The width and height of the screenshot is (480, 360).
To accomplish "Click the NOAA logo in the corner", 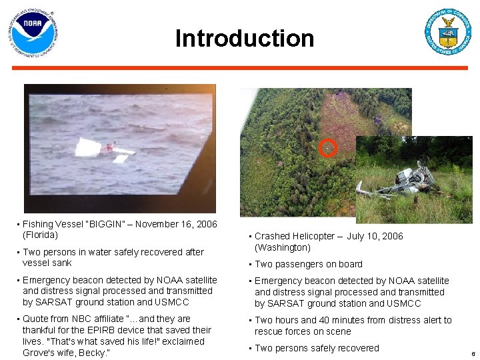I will pos(33,33).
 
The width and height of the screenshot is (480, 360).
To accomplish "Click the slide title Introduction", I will pos(244,39).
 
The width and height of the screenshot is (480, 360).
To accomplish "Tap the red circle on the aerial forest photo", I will pos(327,147).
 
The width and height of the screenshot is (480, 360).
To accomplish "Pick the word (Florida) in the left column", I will pos(40,235).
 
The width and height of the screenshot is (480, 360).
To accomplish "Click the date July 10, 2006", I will pos(375,236).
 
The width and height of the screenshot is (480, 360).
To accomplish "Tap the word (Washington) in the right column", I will pos(283,247).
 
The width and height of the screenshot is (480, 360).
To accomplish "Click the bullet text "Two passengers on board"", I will pos(309,264).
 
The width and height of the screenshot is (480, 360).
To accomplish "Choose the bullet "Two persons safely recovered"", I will pos(317,348).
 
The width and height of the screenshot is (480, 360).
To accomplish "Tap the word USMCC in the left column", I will pos(171,302).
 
